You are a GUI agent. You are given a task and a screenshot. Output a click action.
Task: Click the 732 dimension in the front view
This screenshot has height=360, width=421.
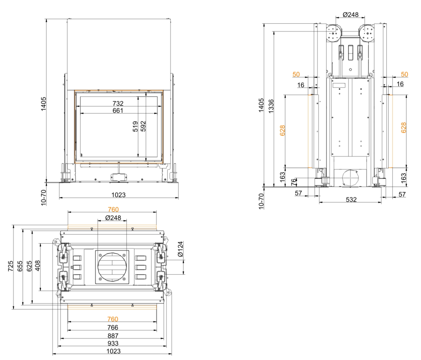[x=118, y=103]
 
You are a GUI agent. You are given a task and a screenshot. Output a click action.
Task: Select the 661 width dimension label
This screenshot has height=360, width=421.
[x=118, y=111]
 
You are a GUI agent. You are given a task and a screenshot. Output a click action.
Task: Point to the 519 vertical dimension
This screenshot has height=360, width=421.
[x=135, y=126]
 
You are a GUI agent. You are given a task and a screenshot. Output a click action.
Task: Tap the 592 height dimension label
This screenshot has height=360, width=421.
[x=143, y=126]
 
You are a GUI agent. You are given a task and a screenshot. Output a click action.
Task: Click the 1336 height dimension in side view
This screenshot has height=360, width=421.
[x=271, y=106]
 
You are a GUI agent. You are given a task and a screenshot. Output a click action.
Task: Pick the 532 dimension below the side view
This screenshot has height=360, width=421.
[x=351, y=200]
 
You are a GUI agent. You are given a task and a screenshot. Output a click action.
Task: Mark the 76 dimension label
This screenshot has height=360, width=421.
[x=294, y=182]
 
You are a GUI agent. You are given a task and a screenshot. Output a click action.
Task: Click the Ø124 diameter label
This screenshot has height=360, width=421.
[x=180, y=249]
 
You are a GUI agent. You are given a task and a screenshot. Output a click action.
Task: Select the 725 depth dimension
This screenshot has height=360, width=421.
[x=10, y=266]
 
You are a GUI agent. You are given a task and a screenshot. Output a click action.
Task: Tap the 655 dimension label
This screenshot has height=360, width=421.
[x=20, y=266]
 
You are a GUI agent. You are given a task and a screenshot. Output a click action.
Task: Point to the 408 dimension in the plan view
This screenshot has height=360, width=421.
[x=38, y=265]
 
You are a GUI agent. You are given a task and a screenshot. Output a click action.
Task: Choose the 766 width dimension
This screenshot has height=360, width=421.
[x=112, y=327]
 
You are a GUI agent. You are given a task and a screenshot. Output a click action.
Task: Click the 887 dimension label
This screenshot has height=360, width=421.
[x=113, y=336]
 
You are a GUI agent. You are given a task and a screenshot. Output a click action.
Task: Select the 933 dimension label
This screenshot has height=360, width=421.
[x=113, y=343]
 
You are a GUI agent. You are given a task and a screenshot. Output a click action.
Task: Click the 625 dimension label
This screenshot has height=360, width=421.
[x=29, y=266]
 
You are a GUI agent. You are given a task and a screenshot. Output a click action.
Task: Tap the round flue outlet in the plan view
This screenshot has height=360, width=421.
[x=112, y=267]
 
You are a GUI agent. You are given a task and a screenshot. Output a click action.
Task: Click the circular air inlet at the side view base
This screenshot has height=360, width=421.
[x=350, y=178]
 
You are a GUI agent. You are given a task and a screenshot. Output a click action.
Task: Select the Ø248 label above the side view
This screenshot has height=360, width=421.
[x=351, y=14]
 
